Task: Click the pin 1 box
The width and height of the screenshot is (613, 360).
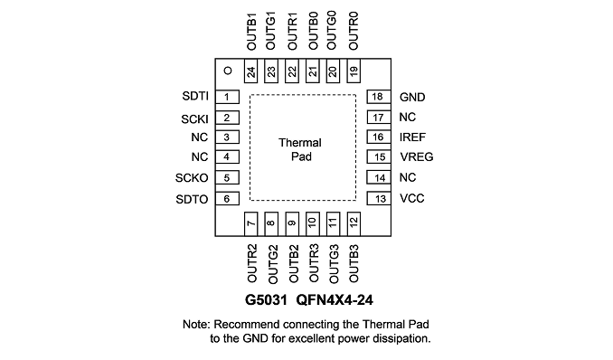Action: pos(227,97)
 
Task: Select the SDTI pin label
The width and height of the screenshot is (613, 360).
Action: pos(195,96)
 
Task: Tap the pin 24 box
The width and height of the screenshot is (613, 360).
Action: pos(251,71)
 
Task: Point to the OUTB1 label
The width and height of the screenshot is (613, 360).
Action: pos(251,32)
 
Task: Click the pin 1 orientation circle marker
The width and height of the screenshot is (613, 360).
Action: pos(228,71)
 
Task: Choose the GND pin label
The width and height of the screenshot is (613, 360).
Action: pos(412,97)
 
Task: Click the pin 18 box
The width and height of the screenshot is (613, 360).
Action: pos(379,97)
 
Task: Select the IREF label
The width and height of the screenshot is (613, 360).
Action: pos(412,137)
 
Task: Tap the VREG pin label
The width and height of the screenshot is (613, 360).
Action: pos(417,156)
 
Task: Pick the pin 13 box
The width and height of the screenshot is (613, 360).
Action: pos(379,198)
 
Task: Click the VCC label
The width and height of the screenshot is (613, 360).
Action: pos(412,198)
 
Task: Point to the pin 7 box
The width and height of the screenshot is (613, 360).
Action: pos(251,223)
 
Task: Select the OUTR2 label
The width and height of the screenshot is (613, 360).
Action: pos(252,263)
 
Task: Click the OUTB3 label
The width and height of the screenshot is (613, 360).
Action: pos(354,263)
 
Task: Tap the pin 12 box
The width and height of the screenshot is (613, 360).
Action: pos(354,223)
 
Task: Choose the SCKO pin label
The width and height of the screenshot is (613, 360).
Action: pos(192,178)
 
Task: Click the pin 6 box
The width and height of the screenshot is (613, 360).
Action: pos(227,198)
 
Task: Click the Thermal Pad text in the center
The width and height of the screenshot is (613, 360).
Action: pos(300,149)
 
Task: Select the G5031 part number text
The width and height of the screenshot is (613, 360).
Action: pos(266,300)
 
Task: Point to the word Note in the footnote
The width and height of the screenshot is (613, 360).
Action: pos(196,325)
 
